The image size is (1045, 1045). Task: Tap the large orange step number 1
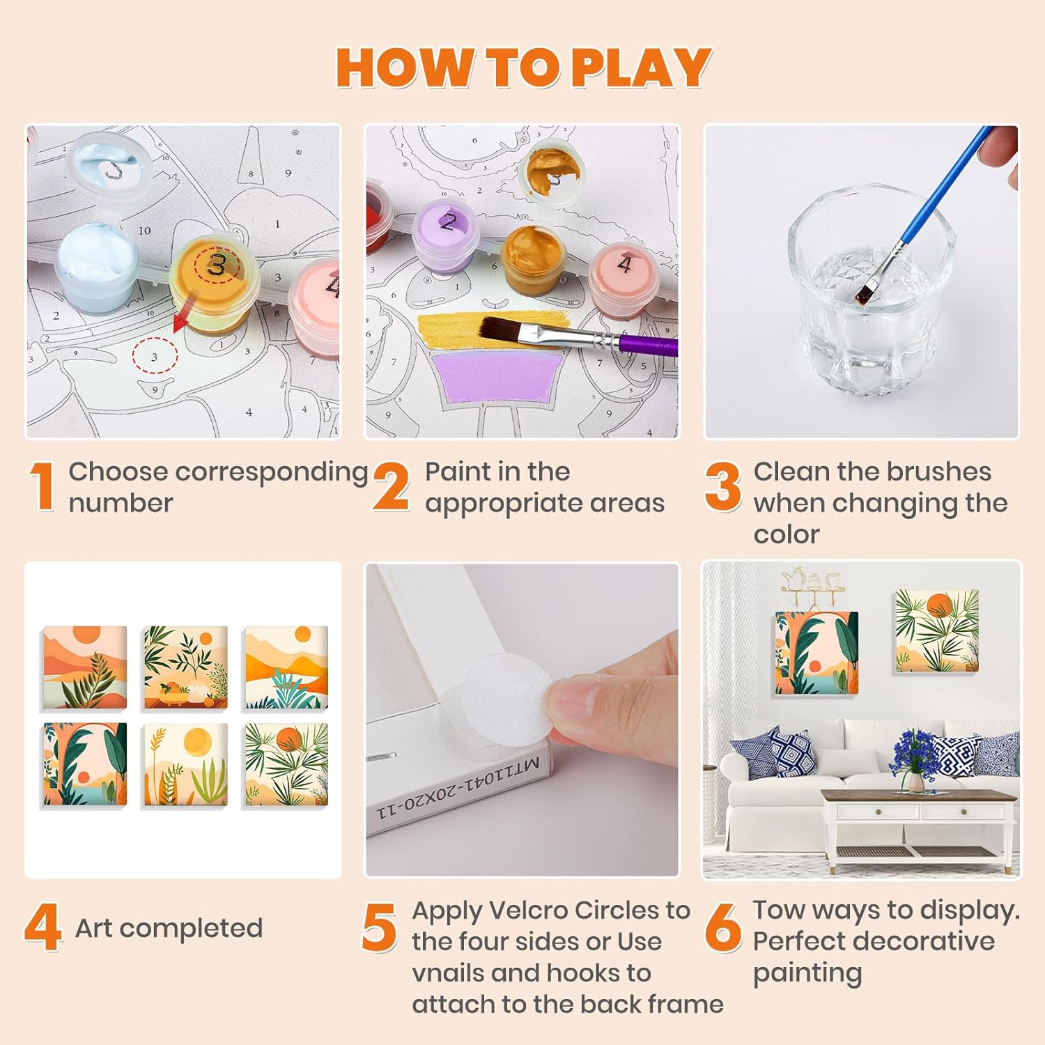[43, 486]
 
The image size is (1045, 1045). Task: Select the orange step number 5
[379, 927]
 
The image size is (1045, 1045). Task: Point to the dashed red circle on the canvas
[155, 355]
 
